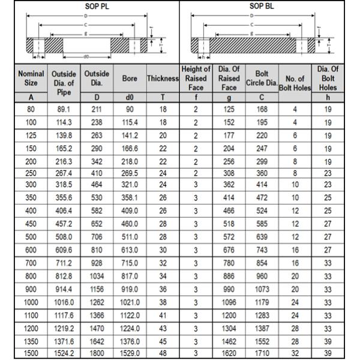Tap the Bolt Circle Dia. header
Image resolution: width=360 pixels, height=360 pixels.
pos(262,79)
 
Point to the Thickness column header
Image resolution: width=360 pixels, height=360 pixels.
pos(163,79)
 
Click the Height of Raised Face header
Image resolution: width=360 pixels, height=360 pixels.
pos(196,79)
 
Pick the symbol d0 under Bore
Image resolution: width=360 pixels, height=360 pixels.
pos(130,97)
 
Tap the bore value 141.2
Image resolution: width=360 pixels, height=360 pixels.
pos(130,136)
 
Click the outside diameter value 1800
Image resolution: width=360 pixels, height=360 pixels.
pos(96,353)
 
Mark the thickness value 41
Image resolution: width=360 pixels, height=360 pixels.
pos(163,315)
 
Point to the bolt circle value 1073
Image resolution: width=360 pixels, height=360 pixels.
pos(262,289)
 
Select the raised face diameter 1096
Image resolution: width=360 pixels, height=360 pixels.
pos(229,302)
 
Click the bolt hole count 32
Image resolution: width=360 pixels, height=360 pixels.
pos(295,353)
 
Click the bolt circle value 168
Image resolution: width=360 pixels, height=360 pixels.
pos(262,110)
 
